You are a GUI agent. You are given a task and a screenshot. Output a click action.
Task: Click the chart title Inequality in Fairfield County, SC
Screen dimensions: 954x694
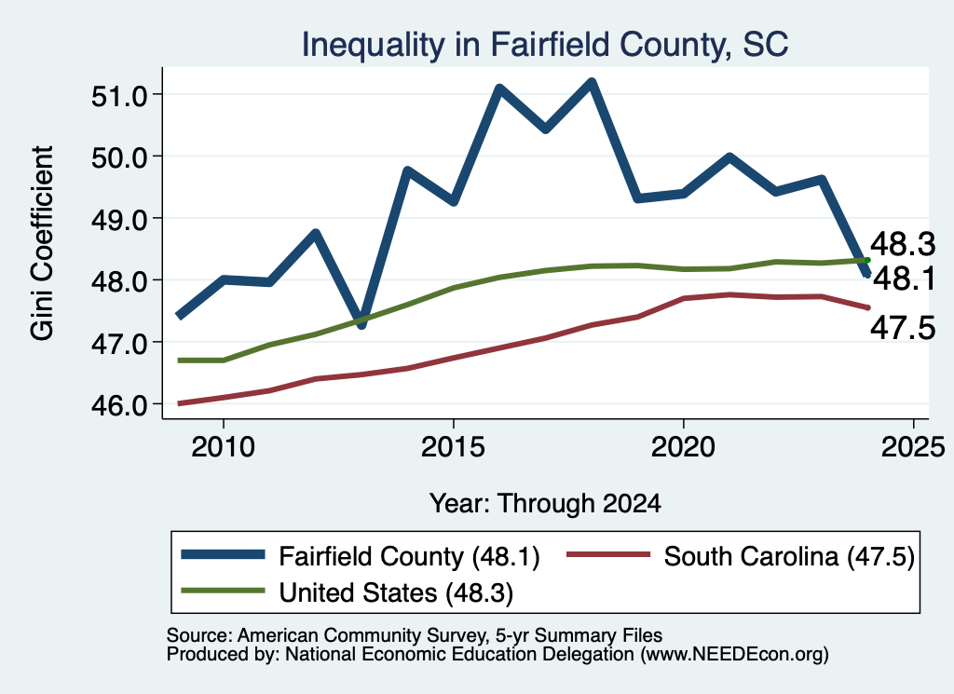click(544, 45)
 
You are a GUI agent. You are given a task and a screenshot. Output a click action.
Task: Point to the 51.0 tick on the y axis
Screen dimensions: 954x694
click(119, 96)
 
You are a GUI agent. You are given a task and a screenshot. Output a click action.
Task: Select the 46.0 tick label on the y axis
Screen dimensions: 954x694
click(119, 404)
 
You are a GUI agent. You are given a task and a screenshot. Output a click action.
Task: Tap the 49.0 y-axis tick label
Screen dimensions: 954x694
click(119, 219)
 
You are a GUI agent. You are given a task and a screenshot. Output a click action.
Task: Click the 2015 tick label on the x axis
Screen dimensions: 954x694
click(453, 447)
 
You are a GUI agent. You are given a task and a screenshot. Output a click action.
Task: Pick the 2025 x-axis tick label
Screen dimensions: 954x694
click(913, 447)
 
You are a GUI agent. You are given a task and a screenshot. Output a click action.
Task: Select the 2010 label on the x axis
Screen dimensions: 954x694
click(223, 447)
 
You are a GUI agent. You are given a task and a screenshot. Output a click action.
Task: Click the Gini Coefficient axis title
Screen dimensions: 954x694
click(42, 243)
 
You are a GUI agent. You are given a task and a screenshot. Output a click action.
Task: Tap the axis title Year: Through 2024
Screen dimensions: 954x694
click(545, 504)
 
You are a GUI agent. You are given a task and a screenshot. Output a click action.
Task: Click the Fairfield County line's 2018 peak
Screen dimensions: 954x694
click(591, 82)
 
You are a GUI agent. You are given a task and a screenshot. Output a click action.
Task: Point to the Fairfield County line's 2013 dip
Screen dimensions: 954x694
click(361, 324)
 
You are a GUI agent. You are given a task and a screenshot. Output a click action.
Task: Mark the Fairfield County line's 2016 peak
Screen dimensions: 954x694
click(499, 88)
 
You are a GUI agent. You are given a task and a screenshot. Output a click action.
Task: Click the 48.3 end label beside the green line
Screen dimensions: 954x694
click(902, 244)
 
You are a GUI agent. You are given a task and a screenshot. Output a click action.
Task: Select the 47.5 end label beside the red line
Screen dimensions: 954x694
click(902, 329)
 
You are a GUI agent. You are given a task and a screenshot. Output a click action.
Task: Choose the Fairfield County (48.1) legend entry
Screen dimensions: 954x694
click(361, 556)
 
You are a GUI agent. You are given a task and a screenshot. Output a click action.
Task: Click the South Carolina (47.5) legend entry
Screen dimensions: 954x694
click(741, 556)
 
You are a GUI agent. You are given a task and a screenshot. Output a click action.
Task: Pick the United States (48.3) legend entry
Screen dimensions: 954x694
click(348, 592)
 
